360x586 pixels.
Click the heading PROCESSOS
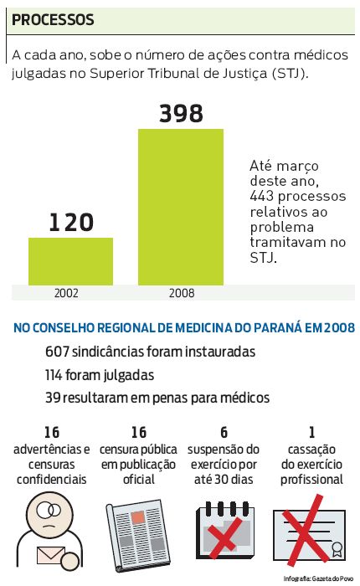pyautogui.click(x=53, y=18)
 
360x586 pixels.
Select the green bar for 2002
pyautogui.click(x=70, y=261)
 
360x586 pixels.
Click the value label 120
pyautogui.click(x=70, y=222)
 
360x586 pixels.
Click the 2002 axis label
pyautogui.click(x=67, y=293)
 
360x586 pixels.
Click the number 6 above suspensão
pyautogui.click(x=224, y=432)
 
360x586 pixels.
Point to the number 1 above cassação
pyautogui.click(x=311, y=432)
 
